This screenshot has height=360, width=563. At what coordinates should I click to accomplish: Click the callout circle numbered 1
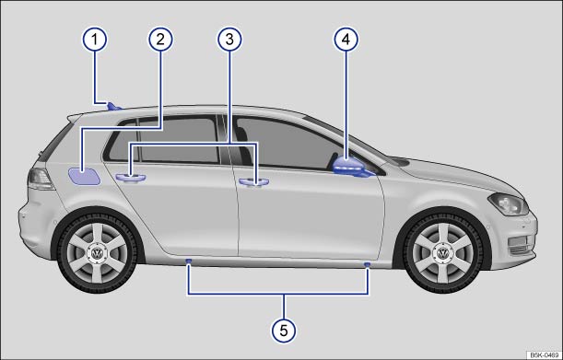(95, 39)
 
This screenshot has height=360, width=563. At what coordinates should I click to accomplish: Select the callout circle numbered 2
(160, 39)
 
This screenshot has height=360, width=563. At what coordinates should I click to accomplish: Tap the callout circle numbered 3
(229, 39)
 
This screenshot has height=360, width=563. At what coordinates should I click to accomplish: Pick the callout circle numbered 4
(346, 39)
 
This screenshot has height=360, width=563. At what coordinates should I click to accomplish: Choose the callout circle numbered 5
(284, 331)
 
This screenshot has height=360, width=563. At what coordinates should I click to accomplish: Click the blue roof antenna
(114, 106)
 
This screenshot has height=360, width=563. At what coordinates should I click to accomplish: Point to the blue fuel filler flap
(85, 176)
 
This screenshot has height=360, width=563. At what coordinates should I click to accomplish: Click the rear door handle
(131, 178)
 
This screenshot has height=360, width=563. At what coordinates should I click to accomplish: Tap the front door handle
(254, 182)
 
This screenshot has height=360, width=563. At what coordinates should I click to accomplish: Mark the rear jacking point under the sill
(188, 261)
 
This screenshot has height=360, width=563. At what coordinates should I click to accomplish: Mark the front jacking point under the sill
(367, 265)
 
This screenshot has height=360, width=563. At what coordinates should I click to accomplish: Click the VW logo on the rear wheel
(97, 253)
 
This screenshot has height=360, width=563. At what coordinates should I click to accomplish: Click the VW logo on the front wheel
(442, 253)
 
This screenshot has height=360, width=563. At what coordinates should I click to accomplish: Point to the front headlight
(509, 203)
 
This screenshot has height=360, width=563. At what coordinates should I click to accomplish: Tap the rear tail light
(41, 179)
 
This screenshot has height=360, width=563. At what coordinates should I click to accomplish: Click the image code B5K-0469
(545, 355)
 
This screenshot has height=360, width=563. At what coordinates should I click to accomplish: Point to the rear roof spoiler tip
(69, 117)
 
